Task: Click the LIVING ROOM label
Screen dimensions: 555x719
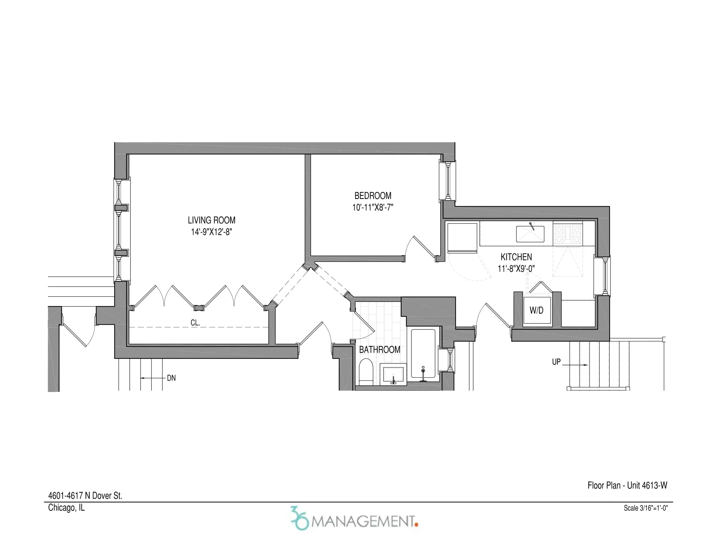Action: pyautogui.click(x=211, y=220)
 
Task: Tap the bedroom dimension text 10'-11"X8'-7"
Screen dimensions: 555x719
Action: pyautogui.click(x=373, y=207)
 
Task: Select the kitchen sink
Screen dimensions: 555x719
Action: pyautogui.click(x=530, y=234)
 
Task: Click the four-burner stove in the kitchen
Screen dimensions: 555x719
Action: pyautogui.click(x=568, y=234)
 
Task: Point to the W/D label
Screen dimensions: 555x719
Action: pyautogui.click(x=536, y=310)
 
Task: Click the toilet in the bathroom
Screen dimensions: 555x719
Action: pyautogui.click(x=365, y=372)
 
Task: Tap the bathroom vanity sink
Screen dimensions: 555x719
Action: pyautogui.click(x=393, y=374)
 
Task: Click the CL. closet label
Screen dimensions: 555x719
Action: pyautogui.click(x=195, y=323)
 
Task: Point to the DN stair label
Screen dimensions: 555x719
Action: pyautogui.click(x=171, y=378)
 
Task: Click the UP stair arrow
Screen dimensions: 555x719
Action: pyautogui.click(x=575, y=365)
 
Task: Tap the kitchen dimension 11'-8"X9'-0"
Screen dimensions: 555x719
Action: pyautogui.click(x=516, y=269)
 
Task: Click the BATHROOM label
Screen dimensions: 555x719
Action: pyautogui.click(x=379, y=350)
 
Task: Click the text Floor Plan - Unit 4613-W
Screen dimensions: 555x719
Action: pyautogui.click(x=627, y=485)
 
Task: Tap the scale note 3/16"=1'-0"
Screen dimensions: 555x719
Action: pyautogui.click(x=645, y=508)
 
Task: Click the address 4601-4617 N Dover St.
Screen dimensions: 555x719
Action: pyautogui.click(x=85, y=496)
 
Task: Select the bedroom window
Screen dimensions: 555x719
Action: pyautogui.click(x=447, y=181)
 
